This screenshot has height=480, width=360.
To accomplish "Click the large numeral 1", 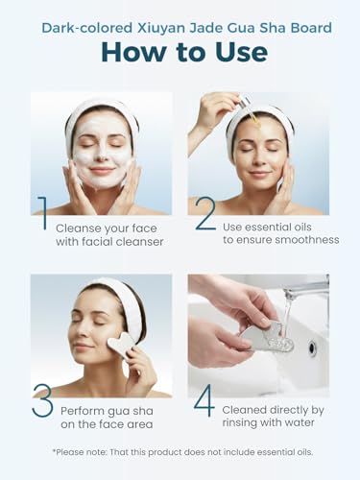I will pyautogui.click(x=42, y=213).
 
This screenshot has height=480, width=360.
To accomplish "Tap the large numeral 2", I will pyautogui.click(x=205, y=214).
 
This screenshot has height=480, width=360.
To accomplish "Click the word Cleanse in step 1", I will pyautogui.click(x=80, y=228).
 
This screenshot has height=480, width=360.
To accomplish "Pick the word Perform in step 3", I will pyautogui.click(x=83, y=410).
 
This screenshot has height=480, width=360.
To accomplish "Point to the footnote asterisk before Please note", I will pyautogui.click(x=53, y=451).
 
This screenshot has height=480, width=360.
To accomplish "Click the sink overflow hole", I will pyautogui.click(x=312, y=348).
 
